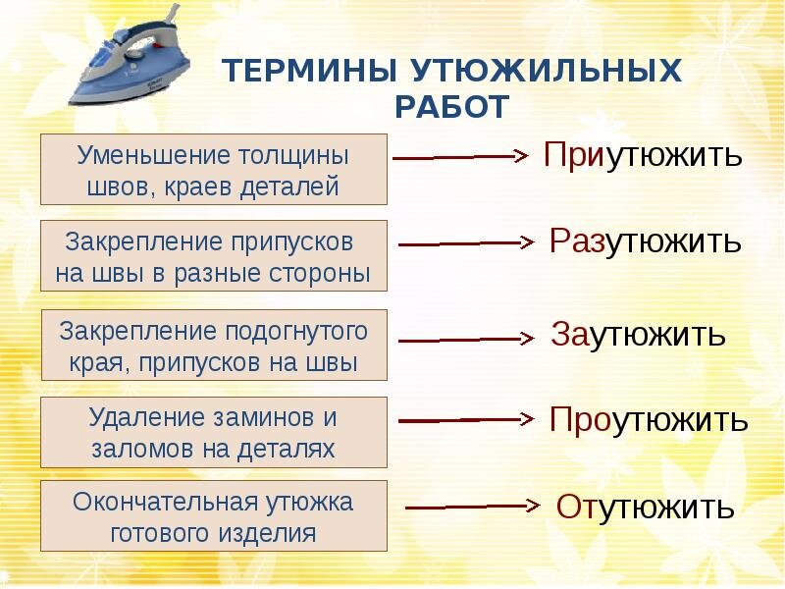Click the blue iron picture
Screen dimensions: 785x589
click(x=130, y=58)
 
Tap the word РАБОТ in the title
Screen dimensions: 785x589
click(x=452, y=107)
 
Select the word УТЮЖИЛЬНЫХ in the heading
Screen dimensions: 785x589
click(x=548, y=70)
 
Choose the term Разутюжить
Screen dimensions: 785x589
click(x=646, y=241)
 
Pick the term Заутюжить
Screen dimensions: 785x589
click(x=639, y=334)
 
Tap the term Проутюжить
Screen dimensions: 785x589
click(x=649, y=419)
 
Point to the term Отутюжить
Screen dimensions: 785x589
click(x=646, y=507)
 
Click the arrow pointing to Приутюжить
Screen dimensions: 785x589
click(x=460, y=156)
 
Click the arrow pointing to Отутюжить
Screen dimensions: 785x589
click(x=473, y=507)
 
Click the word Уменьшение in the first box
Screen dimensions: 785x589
click(x=153, y=155)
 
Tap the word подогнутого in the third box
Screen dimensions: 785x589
click(x=296, y=333)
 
